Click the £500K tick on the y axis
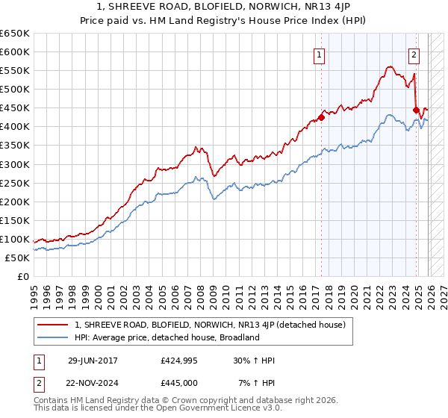click(15, 90)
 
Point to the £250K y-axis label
click(15, 183)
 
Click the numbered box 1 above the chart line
click(320, 54)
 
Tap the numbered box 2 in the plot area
click(414, 54)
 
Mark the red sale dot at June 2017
click(321, 117)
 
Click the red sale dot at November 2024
click(417, 110)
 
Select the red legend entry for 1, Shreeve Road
click(209, 325)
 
